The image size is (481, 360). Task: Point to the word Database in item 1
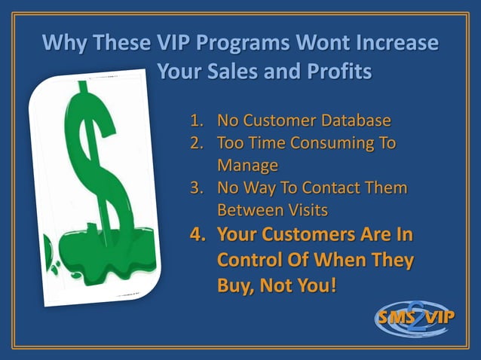click(x=354, y=121)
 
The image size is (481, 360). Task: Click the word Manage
click(x=247, y=165)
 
